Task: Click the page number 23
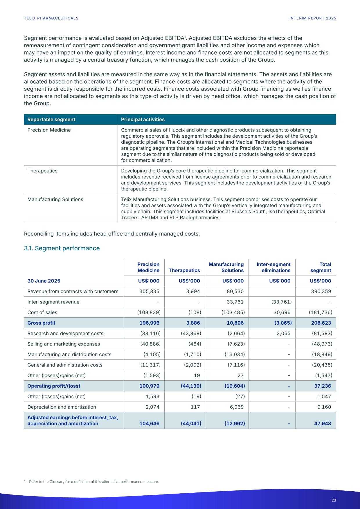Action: (x=334, y=500)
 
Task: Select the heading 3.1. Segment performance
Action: (x=62, y=248)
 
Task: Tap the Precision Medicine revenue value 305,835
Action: (x=149, y=291)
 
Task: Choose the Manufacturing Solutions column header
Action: (x=226, y=267)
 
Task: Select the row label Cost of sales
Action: (x=42, y=312)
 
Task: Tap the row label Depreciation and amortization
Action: (x=62, y=407)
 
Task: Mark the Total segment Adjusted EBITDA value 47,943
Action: (x=322, y=423)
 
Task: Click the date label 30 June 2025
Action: (x=44, y=281)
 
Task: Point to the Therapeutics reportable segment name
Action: (x=42, y=171)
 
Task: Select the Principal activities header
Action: (x=143, y=120)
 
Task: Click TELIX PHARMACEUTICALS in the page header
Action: (x=51, y=18)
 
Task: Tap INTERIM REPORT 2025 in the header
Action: (x=313, y=18)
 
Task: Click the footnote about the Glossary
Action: (x=91, y=482)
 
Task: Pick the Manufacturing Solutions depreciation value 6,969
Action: (x=236, y=407)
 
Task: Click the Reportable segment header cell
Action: (x=51, y=120)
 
